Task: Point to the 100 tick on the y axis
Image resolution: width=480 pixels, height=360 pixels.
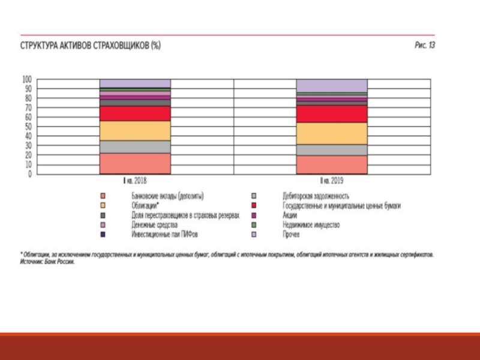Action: (26, 79)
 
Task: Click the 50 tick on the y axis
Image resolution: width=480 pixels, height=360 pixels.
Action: (28, 127)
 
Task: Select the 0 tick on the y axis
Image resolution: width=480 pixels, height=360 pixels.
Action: (29, 174)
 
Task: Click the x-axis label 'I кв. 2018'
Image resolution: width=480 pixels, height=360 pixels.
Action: (135, 180)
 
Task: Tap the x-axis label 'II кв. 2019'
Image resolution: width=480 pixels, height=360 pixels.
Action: (332, 180)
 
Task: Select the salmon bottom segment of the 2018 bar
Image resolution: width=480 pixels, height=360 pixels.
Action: (135, 163)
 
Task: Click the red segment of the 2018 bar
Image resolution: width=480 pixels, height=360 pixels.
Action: (135, 113)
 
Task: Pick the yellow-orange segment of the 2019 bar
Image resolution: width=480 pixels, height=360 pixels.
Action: (332, 133)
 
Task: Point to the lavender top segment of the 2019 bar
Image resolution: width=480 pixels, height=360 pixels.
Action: (332, 85)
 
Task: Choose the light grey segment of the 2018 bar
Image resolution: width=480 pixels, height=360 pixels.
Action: (135, 146)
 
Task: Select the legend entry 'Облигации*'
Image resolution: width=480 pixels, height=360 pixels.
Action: (145, 205)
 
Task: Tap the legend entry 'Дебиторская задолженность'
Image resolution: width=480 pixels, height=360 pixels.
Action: (316, 196)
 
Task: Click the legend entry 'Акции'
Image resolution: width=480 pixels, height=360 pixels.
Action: (290, 215)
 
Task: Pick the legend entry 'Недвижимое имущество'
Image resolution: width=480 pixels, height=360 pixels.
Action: (310, 225)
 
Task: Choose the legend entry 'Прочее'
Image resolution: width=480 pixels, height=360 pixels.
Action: (291, 235)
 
